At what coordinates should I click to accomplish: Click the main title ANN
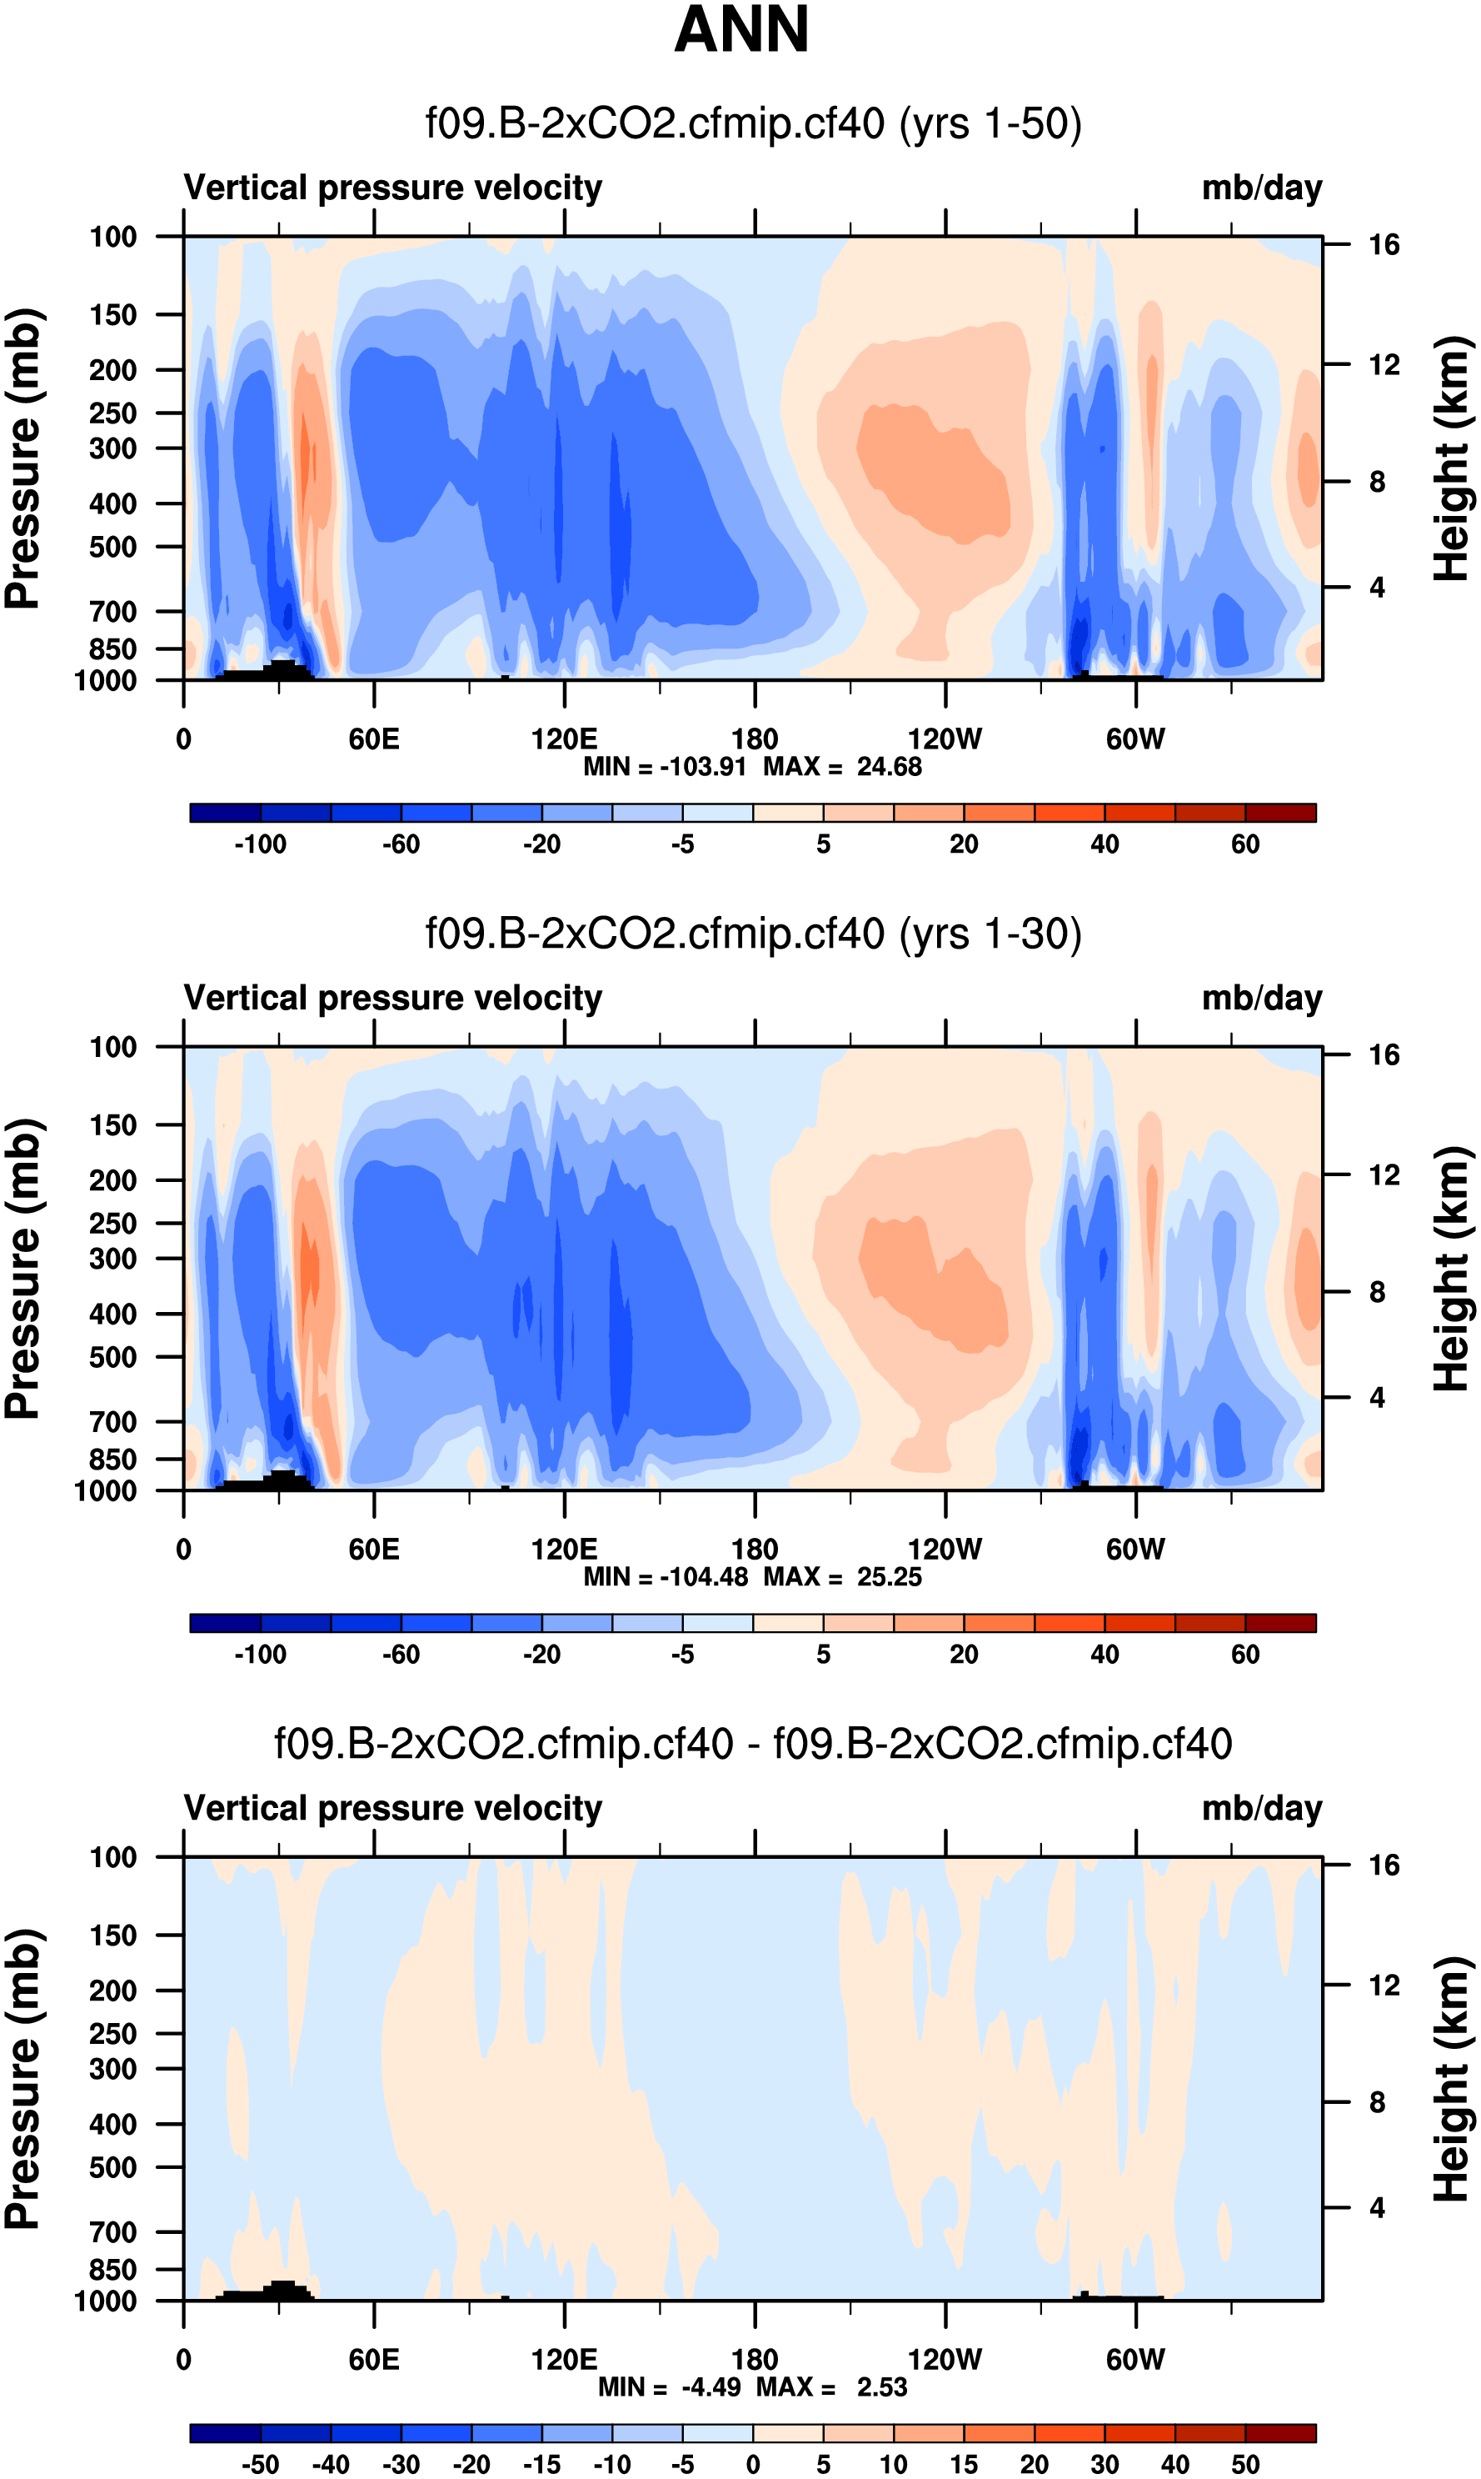click(740, 30)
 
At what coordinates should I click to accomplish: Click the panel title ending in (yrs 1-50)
click(754, 124)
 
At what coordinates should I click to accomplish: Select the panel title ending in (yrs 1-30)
click(754, 934)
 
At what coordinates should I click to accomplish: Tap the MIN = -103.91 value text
click(665, 767)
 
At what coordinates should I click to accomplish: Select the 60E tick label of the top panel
click(374, 740)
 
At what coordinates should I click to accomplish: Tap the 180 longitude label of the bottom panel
click(755, 2360)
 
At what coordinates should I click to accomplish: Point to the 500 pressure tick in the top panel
click(112, 547)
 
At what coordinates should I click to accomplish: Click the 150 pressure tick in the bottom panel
click(112, 1936)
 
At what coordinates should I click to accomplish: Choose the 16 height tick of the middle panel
click(1384, 1055)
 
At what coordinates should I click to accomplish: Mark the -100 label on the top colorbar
click(261, 844)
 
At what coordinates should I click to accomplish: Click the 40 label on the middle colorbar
click(1105, 1655)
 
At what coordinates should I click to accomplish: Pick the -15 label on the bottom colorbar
click(542, 2464)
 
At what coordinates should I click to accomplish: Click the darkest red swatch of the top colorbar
click(1280, 813)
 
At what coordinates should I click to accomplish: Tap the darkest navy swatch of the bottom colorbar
click(226, 2433)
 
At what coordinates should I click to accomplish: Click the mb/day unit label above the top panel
click(1261, 188)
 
